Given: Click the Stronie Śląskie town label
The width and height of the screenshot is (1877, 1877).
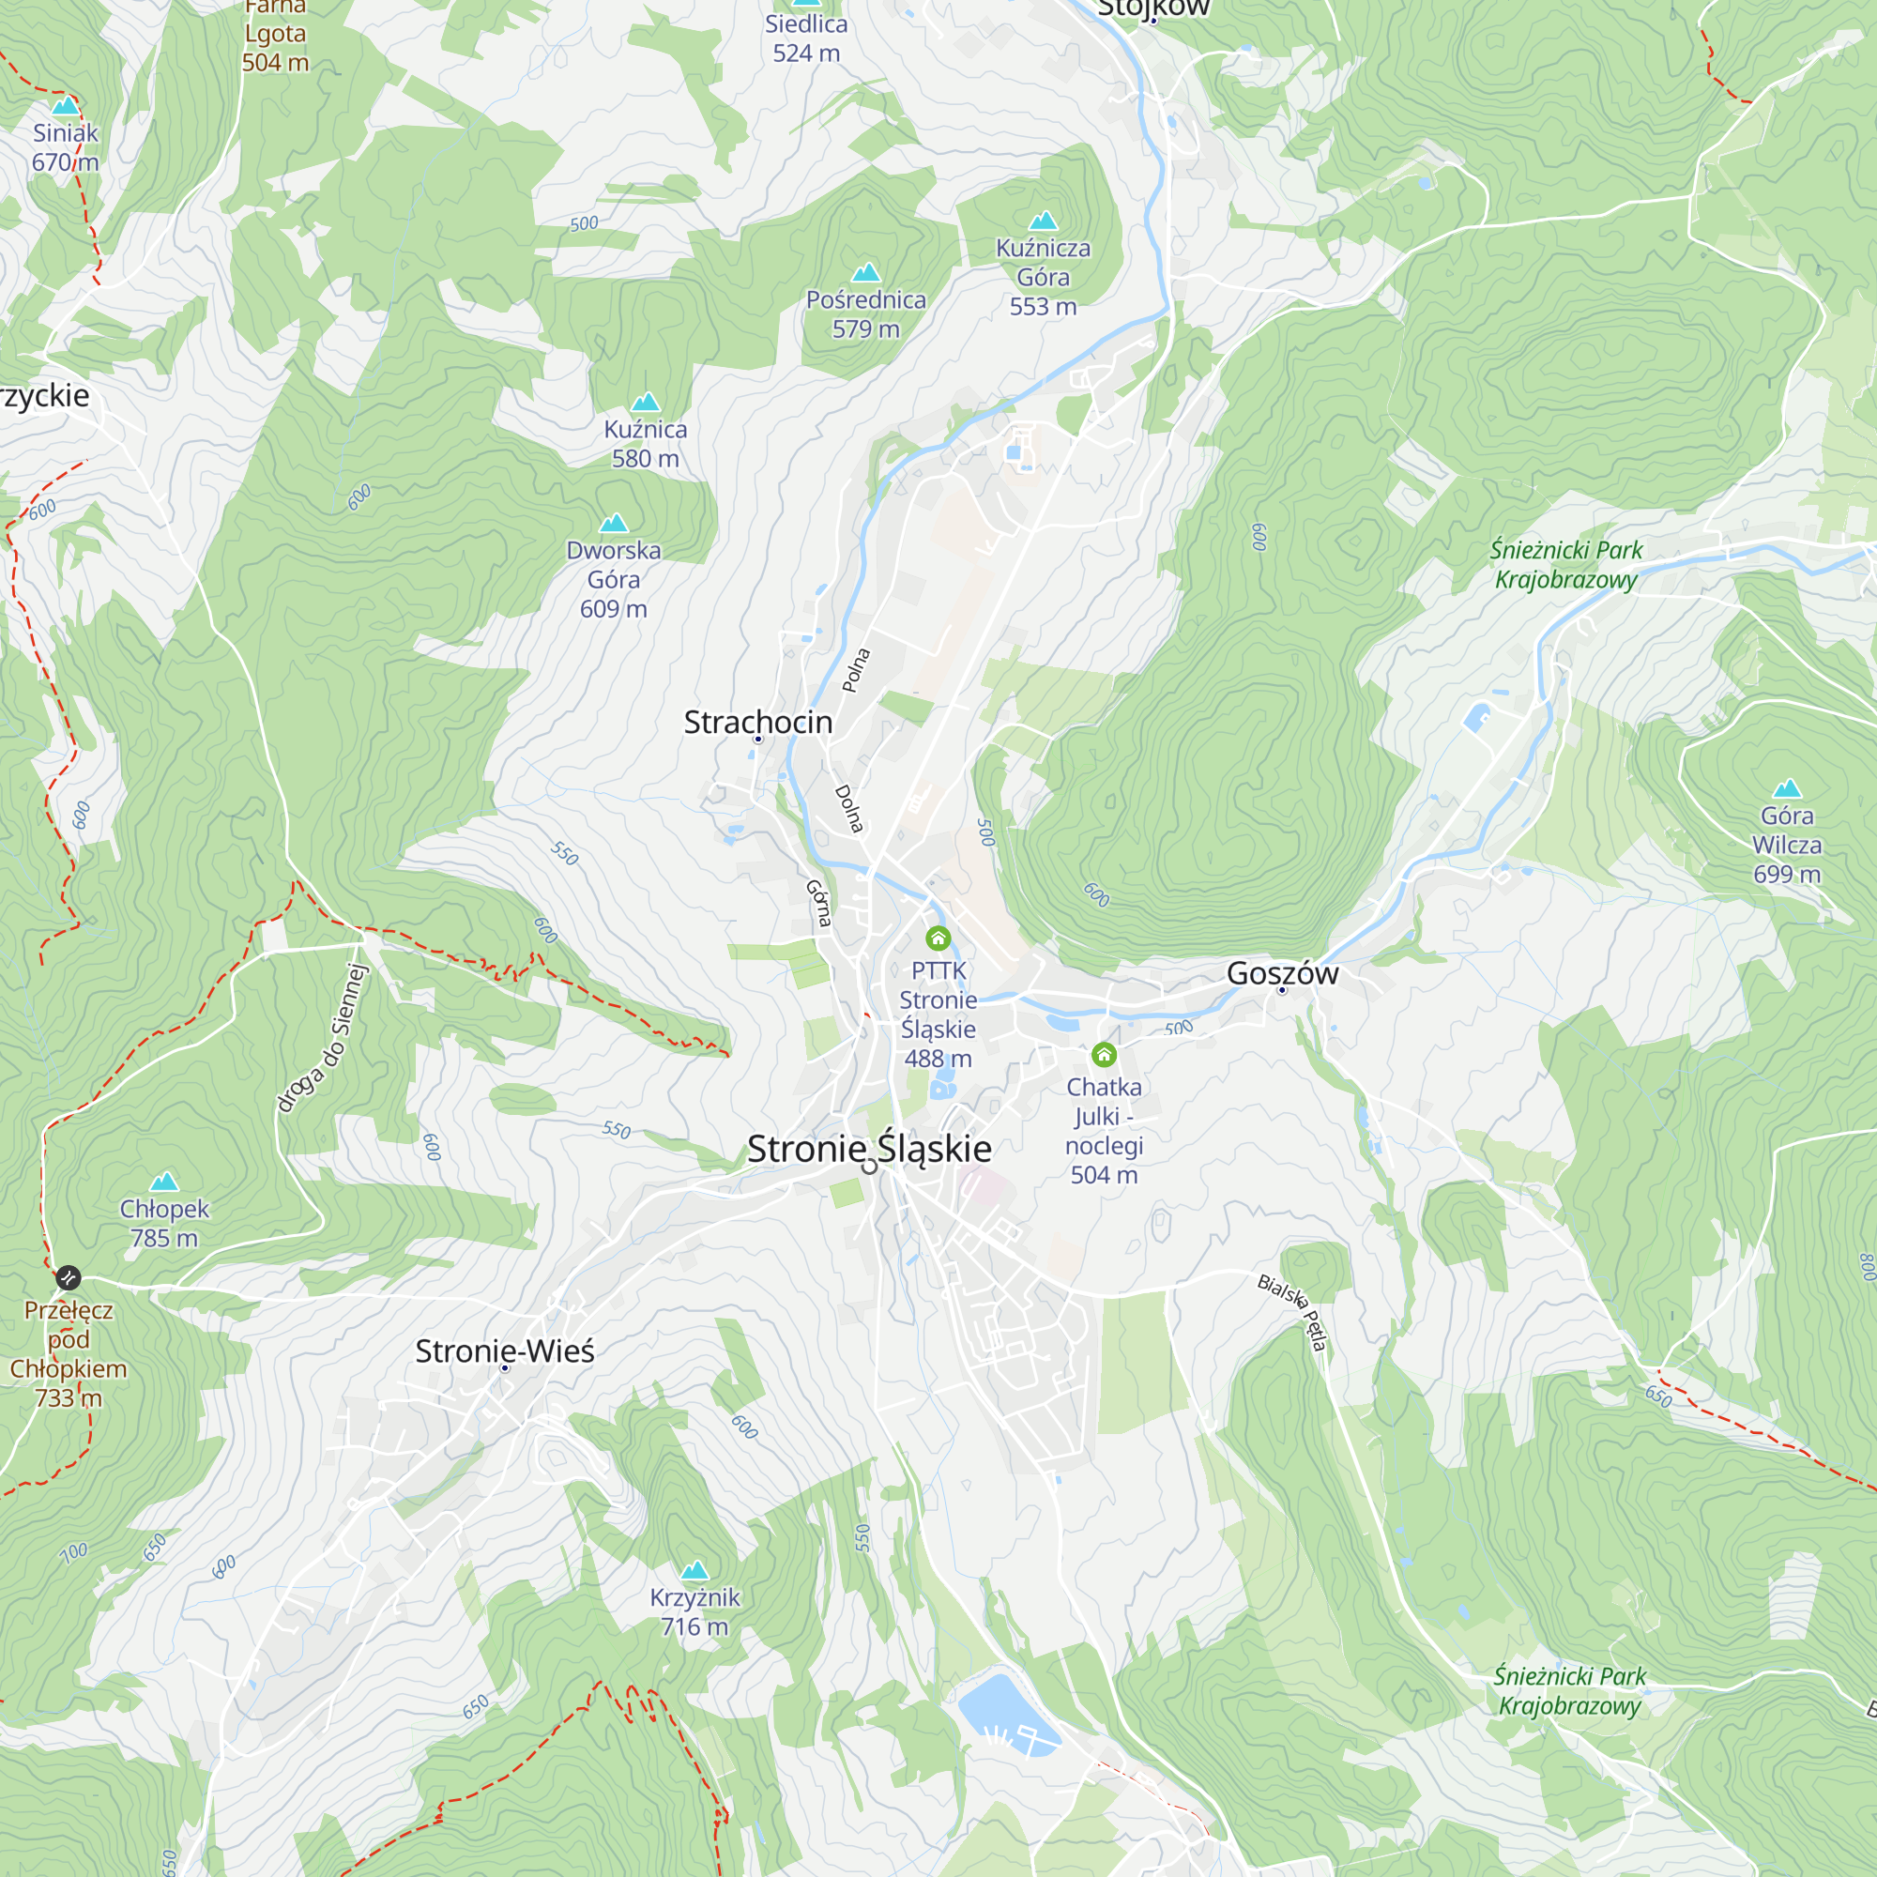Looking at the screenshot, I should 868,1150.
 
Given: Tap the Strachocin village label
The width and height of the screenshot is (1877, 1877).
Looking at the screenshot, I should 757,722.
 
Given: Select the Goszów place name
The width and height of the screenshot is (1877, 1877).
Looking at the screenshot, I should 1281,972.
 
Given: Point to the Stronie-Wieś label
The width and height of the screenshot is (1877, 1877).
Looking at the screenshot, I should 504,1351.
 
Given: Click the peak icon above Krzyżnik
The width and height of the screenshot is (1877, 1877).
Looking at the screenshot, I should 694,1570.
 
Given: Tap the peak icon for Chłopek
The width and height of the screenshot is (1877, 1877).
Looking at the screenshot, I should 164,1182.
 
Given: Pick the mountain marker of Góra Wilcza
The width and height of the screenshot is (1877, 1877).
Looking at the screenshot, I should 1787,789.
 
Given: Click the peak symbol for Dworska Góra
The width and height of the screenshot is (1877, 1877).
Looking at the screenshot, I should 613,524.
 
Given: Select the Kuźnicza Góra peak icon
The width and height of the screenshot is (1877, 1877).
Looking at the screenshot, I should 1043,221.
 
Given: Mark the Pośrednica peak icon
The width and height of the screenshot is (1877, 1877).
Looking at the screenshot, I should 865,273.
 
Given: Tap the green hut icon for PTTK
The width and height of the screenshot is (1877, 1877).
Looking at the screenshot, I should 938,938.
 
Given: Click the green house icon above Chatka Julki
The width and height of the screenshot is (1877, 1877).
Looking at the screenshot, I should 1104,1054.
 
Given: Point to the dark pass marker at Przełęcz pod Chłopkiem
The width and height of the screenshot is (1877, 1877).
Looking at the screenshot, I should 68,1277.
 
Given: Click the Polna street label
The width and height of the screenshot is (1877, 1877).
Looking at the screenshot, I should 856,670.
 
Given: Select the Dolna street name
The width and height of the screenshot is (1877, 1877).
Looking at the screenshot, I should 849,808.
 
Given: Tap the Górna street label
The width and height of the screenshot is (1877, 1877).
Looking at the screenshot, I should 819,903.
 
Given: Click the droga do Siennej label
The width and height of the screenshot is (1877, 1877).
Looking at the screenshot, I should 324,1038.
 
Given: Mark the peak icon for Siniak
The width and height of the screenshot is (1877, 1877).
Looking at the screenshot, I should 65,105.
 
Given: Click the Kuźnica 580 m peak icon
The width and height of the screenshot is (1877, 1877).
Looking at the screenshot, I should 645,403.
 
